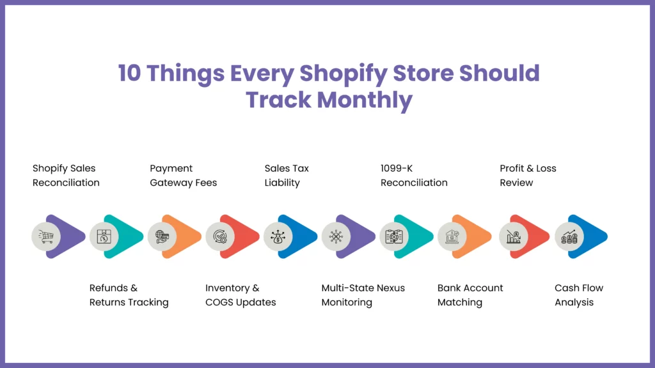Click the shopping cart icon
coord(46,236)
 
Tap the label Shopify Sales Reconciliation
coord(66,175)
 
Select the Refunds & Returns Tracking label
coord(129,295)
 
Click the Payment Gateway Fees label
coord(184,175)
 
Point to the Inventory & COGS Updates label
coord(241,295)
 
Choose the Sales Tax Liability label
coord(287,175)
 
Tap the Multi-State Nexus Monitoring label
coord(363,295)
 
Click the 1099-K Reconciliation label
coord(414,175)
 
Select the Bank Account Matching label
coord(470,295)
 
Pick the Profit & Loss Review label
coord(528,175)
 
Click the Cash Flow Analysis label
coord(579,295)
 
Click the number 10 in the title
coord(130,73)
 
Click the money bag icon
coord(278,236)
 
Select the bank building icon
coord(452,236)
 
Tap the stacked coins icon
coord(569,236)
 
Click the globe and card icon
coord(162,236)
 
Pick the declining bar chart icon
coord(514,236)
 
